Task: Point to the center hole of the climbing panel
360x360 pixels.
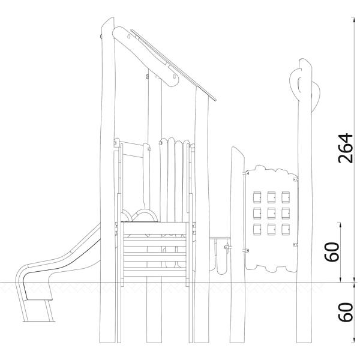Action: tap(271, 213)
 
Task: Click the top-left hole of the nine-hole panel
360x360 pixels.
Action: tap(256, 197)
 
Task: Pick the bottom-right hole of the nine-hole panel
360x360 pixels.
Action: tap(286, 229)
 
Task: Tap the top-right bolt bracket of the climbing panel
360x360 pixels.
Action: tap(294, 179)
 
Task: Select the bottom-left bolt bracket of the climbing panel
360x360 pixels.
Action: tap(245, 250)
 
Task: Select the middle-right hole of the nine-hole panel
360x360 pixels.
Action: tap(286, 213)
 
